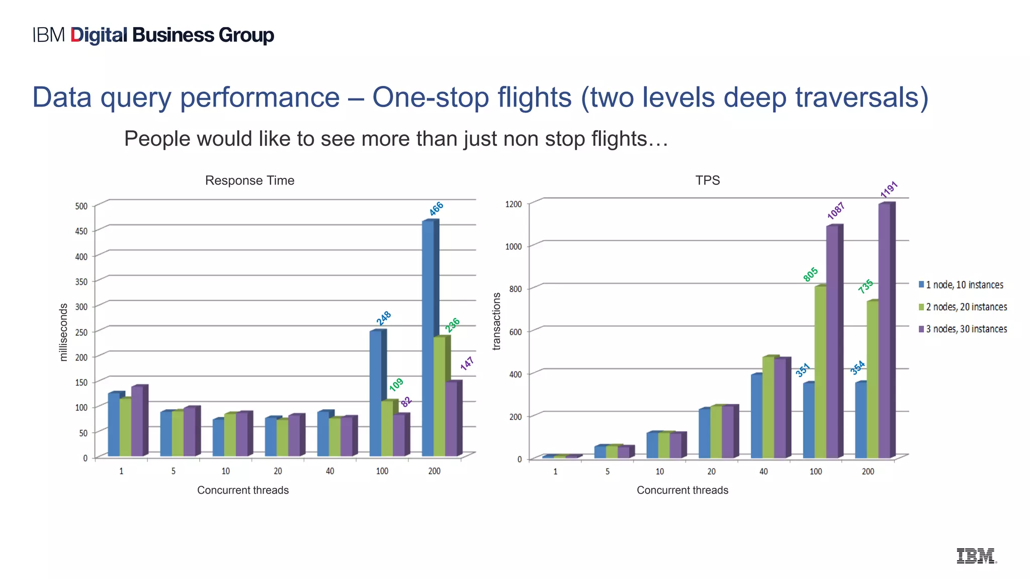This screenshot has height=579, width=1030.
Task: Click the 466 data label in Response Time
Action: coord(436,209)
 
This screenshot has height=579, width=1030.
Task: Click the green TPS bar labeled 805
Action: coord(820,372)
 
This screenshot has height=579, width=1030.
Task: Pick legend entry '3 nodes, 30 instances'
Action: coord(963,329)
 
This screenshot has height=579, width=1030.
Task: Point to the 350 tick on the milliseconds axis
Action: coord(81,281)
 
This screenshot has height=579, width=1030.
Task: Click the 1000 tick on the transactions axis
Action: coord(513,246)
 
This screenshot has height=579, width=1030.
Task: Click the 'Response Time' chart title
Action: coord(249,180)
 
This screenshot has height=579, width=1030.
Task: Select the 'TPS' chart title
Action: coord(707,180)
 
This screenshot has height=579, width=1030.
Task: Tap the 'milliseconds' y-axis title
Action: coord(63,332)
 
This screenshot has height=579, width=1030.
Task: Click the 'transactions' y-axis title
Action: coord(497,321)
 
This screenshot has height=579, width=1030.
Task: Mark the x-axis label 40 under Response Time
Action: coord(330,471)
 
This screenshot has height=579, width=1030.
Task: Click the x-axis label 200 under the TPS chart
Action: coord(868,471)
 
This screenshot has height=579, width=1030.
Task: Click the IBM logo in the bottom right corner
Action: coord(976,556)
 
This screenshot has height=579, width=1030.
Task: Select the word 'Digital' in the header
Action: coord(99,35)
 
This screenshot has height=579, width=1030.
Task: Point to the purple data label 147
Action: coord(467,363)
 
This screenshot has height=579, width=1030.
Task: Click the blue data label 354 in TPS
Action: coord(857,368)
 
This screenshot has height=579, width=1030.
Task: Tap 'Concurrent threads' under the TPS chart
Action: coord(682,490)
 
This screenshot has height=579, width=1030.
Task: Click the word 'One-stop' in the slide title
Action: coord(431,97)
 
